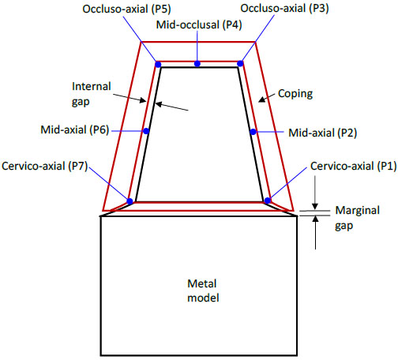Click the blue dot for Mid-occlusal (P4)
(197, 64)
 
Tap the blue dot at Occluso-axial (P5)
(158, 65)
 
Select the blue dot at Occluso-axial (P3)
(240, 64)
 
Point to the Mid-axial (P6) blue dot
(146, 131)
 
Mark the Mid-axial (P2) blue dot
(253, 132)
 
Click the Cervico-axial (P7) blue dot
(130, 201)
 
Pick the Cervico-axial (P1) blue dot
(268, 201)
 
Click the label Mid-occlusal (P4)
(199, 25)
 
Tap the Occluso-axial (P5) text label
(126, 9)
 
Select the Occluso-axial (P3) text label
(284, 9)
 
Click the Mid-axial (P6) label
(75, 129)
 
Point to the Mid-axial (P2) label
(323, 133)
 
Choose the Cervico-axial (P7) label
(44, 167)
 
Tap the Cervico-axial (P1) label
(354, 167)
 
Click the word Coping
(295, 94)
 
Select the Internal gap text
(91, 94)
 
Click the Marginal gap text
(357, 218)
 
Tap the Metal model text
(203, 291)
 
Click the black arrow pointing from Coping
(267, 97)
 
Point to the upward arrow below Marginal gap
(315, 232)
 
